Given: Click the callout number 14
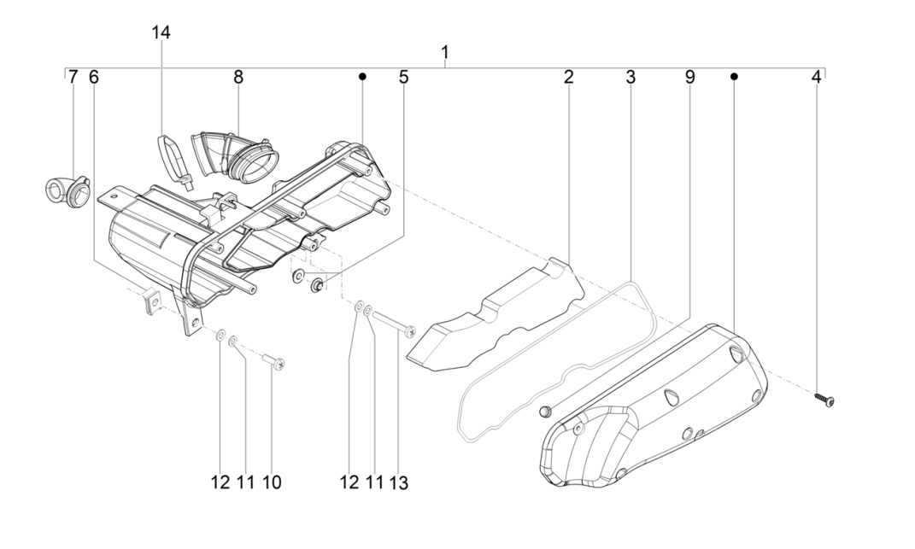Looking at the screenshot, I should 161,32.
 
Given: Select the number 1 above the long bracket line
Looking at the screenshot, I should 444,53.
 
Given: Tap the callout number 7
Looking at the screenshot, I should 73,77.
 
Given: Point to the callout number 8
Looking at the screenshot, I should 238,77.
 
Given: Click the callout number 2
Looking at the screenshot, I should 568,77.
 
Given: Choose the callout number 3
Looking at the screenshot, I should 631,77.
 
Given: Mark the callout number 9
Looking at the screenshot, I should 689,77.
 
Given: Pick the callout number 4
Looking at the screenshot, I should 816,77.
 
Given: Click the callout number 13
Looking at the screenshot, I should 398,482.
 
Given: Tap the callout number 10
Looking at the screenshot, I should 271,482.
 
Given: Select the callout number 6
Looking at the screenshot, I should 93,77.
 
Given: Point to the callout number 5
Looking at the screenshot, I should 403,77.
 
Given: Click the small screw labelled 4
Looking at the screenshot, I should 824,399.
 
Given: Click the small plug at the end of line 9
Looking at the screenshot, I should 543,412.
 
